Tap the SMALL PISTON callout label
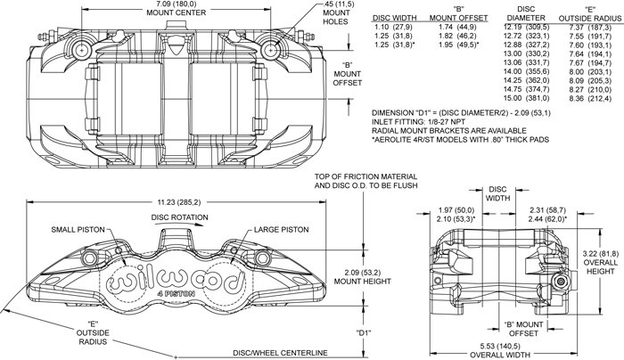[78, 230]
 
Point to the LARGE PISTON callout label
[282, 230]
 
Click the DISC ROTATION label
[179, 217]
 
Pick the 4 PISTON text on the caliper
[176, 293]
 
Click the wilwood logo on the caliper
[176, 280]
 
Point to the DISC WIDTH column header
[394, 18]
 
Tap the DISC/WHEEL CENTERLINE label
[280, 353]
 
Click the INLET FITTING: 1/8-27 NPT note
[418, 122]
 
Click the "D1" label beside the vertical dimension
[363, 332]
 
